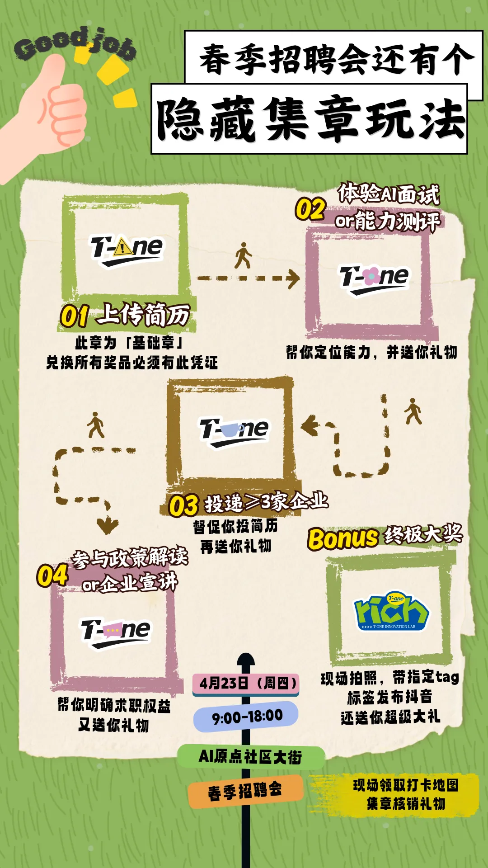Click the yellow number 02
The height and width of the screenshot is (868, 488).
(x=310, y=209)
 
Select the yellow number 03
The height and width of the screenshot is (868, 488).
(x=183, y=505)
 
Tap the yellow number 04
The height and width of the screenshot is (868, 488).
(x=52, y=576)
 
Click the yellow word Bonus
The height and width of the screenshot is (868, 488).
(x=343, y=538)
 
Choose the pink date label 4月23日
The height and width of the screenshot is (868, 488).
(x=247, y=683)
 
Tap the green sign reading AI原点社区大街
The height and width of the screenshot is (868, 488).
(x=250, y=756)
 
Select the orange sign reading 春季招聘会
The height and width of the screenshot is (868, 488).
(x=245, y=791)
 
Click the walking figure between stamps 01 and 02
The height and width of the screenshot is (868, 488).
(x=243, y=256)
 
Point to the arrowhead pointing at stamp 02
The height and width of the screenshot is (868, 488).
(x=293, y=278)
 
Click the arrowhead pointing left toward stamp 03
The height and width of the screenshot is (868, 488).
(x=310, y=426)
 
